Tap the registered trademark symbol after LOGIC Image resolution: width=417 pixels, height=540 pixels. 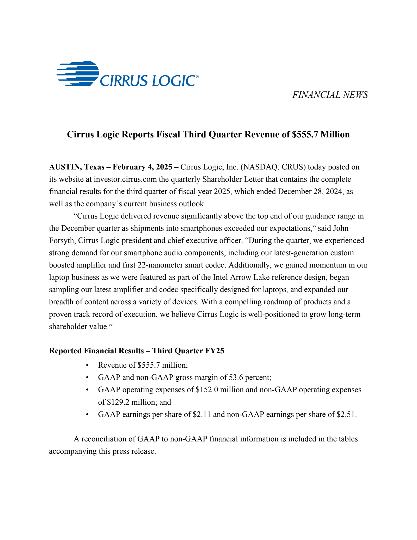tap(197, 77)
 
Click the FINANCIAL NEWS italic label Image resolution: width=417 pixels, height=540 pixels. tap(330, 95)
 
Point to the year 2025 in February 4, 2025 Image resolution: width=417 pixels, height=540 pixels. tap(164, 167)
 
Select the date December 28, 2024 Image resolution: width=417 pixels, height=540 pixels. tap(310, 192)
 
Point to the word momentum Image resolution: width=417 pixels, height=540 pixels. tap(323, 265)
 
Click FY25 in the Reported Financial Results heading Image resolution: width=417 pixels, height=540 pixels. tap(214, 351)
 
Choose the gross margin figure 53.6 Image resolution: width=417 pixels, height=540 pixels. tap(236, 378)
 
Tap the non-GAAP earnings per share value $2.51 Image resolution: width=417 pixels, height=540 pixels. tap(346, 415)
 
